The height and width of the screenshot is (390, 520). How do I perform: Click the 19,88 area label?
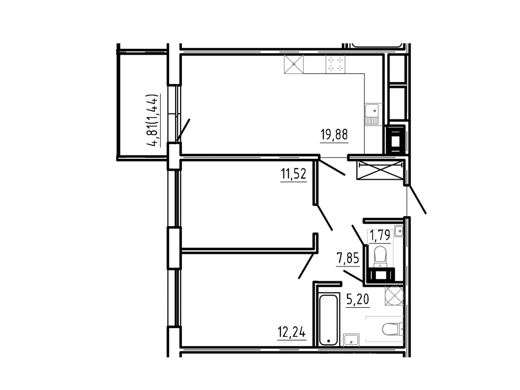pos(334,135)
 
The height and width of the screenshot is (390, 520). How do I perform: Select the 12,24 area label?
pos(292,332)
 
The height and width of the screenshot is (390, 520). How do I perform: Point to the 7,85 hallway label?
pos(348,258)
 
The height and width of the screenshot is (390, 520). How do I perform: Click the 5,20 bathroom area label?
pos(358,299)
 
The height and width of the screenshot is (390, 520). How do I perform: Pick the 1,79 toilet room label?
pos(380,235)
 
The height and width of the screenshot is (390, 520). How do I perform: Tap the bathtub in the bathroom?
pos(328,320)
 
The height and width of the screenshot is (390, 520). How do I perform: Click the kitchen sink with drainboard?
pos(372,115)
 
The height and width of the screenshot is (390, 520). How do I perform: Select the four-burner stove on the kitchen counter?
pos(335,64)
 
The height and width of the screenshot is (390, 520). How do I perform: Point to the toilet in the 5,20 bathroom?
pos(392,329)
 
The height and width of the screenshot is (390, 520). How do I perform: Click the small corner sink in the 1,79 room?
pos(399,230)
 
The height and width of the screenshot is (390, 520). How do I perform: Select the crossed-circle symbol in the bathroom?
pos(394,295)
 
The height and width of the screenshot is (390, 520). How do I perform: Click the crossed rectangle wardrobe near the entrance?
pos(380,170)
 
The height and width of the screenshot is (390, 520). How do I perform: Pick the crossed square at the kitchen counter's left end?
pos(294,64)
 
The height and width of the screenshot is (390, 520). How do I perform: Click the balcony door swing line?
pos(183,131)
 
